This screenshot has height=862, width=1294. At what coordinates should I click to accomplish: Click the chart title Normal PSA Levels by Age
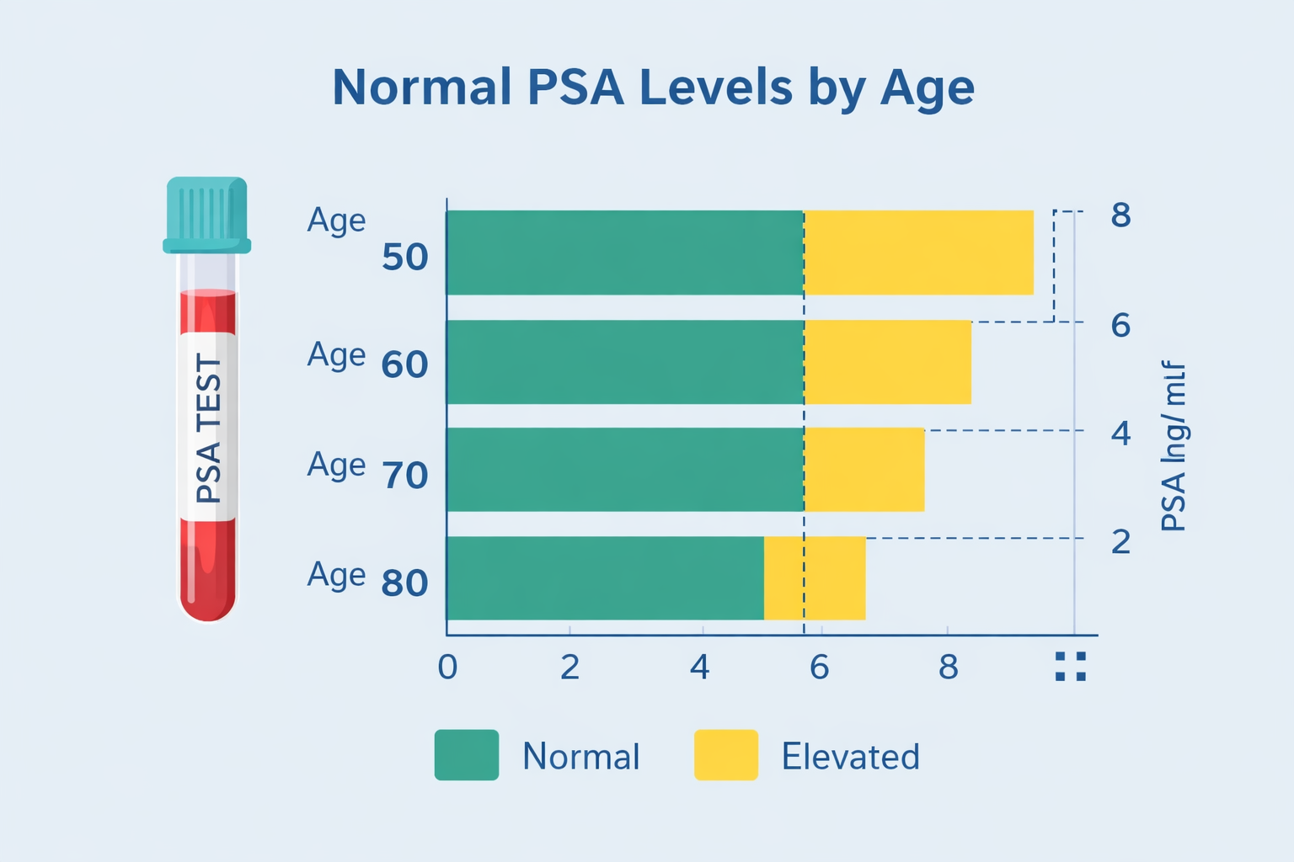coord(653,88)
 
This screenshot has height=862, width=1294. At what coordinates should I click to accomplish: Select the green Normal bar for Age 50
coord(623,253)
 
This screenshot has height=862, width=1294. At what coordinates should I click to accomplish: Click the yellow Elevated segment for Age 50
coord(918,253)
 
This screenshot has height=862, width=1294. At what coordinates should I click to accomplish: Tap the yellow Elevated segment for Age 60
coord(888,362)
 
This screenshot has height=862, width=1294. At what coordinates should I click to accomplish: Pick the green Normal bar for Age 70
coord(623,470)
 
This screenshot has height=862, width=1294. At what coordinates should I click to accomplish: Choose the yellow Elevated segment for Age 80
coord(815,578)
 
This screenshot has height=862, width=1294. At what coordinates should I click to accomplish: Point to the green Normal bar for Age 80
coord(605,578)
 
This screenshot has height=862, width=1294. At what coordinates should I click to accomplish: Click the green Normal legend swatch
coord(466,755)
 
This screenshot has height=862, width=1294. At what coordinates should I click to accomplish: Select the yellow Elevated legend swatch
coord(725,755)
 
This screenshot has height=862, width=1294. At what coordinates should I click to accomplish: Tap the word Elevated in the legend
coord(850,757)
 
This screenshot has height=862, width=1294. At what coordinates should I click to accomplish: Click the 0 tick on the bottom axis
coord(447,668)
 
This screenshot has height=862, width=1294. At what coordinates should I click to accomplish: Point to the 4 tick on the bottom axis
coord(699,668)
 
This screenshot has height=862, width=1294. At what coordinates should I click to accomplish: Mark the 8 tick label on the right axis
coord(1120,216)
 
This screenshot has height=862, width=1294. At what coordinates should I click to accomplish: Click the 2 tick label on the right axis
coord(1120,542)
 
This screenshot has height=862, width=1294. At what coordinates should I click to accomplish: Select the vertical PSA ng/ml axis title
coord(1174,446)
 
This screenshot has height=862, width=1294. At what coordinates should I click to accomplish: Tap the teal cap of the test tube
coord(207,215)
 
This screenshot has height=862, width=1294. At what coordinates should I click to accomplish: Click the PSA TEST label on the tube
coord(208,427)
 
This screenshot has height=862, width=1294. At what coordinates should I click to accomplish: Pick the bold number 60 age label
coord(404,365)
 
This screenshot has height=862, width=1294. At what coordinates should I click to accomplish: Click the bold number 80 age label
coord(404,583)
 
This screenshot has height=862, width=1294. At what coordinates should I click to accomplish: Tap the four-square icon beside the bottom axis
coord(1071,666)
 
